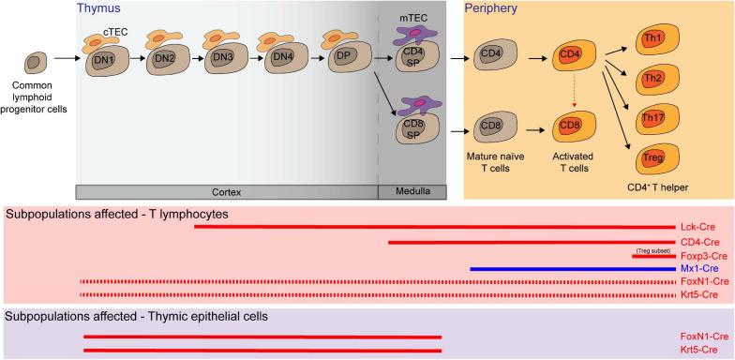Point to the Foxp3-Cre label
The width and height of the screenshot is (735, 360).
tap(701, 255)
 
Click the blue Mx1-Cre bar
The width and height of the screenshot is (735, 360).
tap(572, 268)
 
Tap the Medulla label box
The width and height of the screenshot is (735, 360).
tap(405, 191)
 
